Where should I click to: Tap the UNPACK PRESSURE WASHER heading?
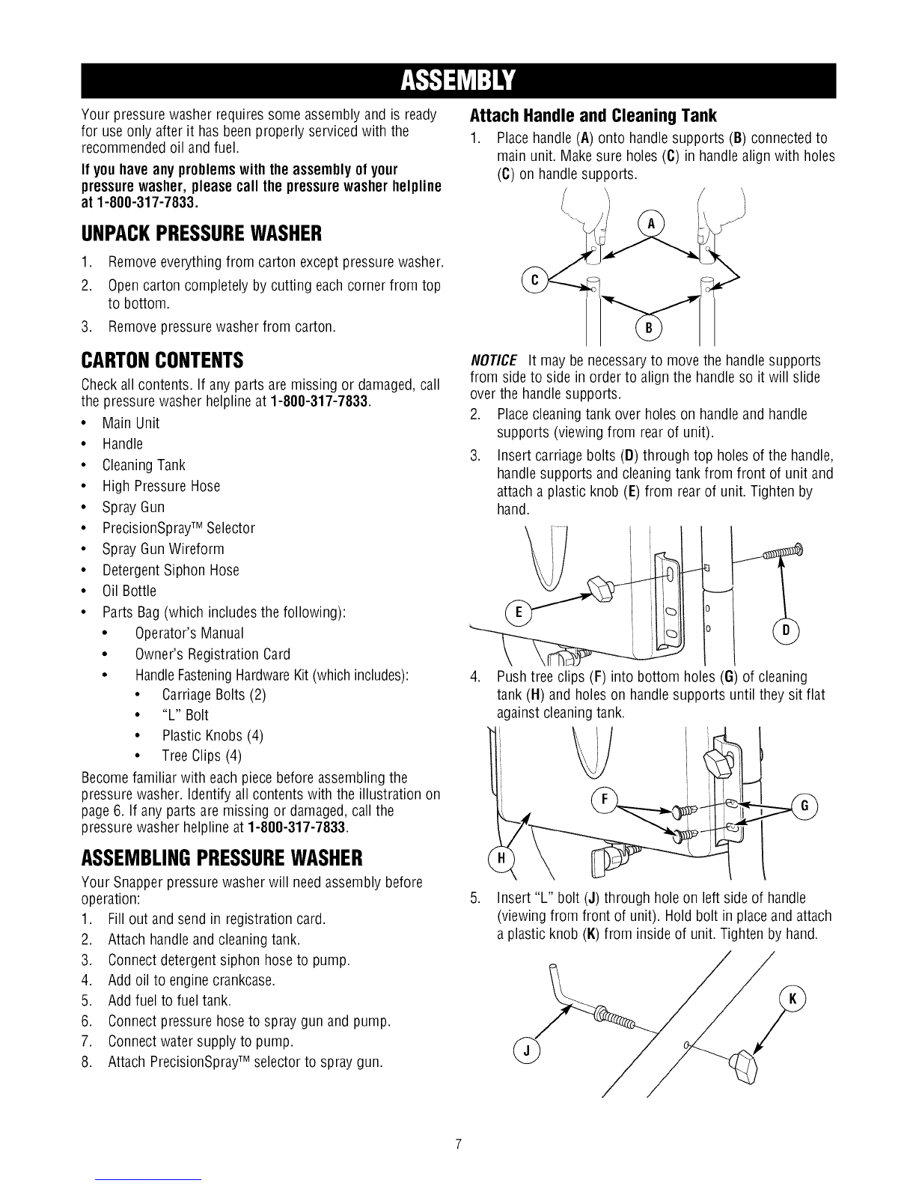point(201,234)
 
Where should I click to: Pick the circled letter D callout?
point(786,631)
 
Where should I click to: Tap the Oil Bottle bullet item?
point(129,591)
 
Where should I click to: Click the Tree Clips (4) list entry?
point(201,755)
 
